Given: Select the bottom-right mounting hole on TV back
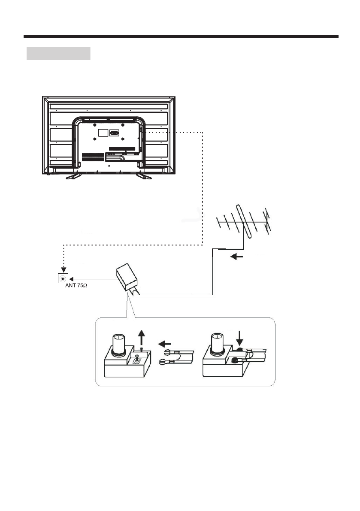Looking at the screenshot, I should (123, 139).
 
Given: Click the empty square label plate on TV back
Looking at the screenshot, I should (103, 133).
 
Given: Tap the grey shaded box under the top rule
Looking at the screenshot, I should (58, 54).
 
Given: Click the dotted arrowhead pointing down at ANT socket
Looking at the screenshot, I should (64, 270).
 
